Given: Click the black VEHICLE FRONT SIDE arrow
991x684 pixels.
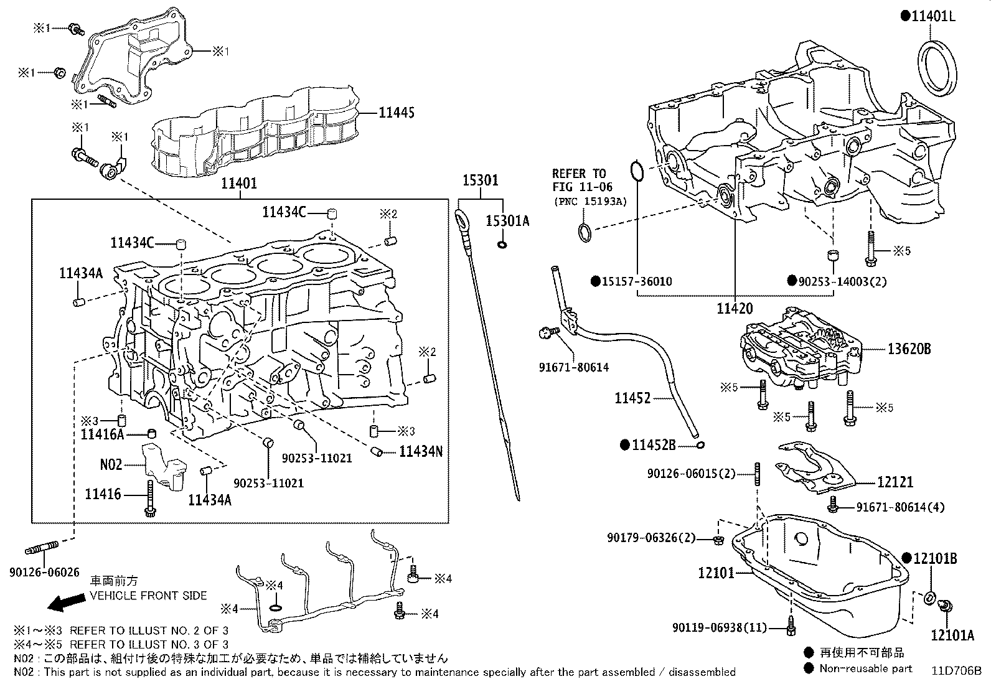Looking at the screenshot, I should click(x=67, y=602).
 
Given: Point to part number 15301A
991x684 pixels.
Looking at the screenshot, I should click(x=507, y=221).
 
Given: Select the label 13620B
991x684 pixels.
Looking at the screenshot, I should click(x=909, y=349).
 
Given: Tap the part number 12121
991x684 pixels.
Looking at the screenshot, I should click(x=895, y=481).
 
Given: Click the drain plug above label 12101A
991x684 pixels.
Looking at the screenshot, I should click(x=943, y=604).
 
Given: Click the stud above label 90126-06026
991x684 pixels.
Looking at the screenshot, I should click(x=42, y=548).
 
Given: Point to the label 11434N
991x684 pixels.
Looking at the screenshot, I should click(x=421, y=451).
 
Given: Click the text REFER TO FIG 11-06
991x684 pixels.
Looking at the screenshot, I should click(x=583, y=180).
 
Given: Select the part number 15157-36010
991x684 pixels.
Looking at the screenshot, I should click(x=636, y=281).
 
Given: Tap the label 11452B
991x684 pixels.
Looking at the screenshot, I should click(x=654, y=445).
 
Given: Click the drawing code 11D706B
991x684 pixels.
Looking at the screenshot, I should click(x=956, y=671).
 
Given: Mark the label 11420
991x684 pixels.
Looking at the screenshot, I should click(x=735, y=307).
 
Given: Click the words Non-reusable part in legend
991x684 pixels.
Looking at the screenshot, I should click(x=865, y=668).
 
